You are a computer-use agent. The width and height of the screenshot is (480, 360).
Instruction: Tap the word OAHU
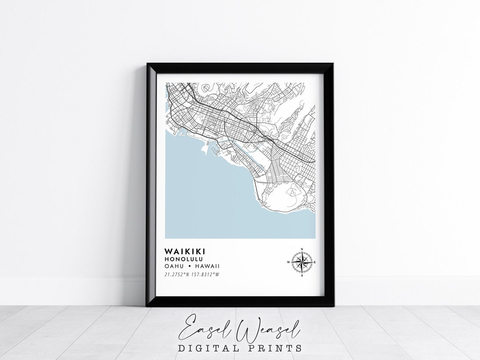point(173,266)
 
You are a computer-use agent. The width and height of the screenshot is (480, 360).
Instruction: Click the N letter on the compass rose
point(302,249)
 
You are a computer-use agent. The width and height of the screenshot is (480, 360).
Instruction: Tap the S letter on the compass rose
point(302,276)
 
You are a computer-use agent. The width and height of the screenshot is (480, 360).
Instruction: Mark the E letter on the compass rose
point(315,263)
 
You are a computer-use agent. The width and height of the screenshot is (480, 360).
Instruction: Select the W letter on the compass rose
point(288,263)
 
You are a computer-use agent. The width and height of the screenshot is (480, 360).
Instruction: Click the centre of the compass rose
point(302,262)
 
